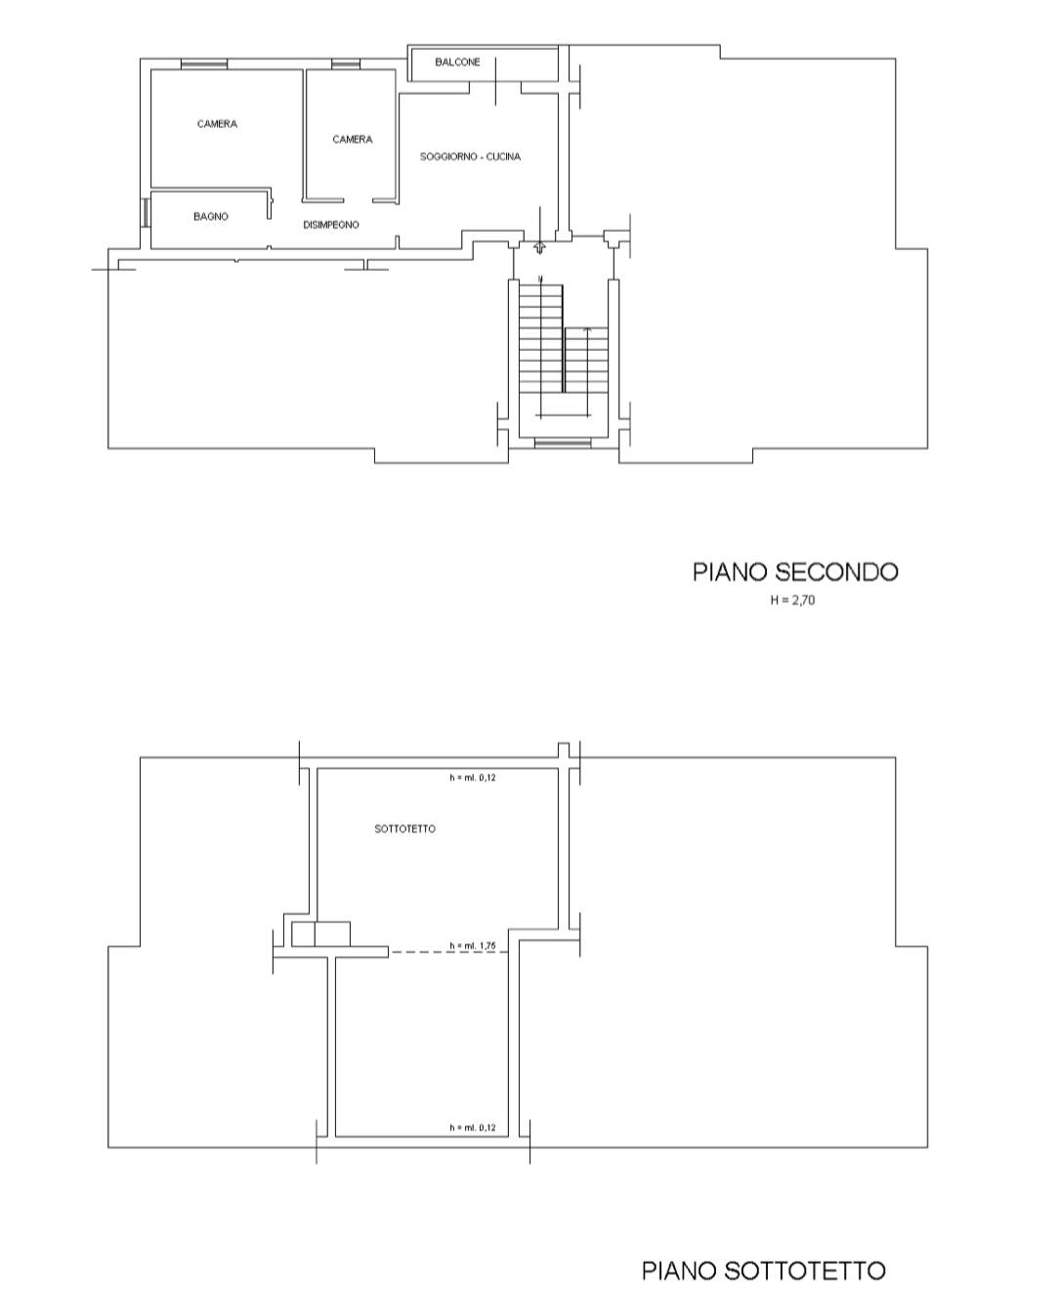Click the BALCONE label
457,63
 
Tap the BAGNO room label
211,216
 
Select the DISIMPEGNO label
331,225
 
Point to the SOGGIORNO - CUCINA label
470,156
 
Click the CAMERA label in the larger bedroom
217,123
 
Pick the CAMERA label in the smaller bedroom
352,140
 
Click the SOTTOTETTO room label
404,829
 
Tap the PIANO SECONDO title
795,572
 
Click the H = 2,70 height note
792,600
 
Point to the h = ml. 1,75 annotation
473,946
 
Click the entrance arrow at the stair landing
539,247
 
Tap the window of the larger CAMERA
204,64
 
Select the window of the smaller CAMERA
345,64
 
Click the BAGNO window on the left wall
146,212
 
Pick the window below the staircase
562,443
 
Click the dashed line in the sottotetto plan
449,952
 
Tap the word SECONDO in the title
836,572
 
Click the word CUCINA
503,156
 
